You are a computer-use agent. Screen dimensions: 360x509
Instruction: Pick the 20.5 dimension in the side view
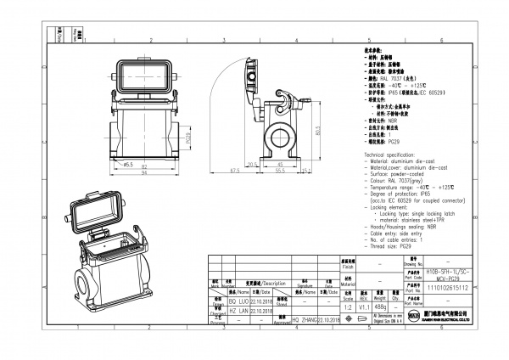coord(251,163)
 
